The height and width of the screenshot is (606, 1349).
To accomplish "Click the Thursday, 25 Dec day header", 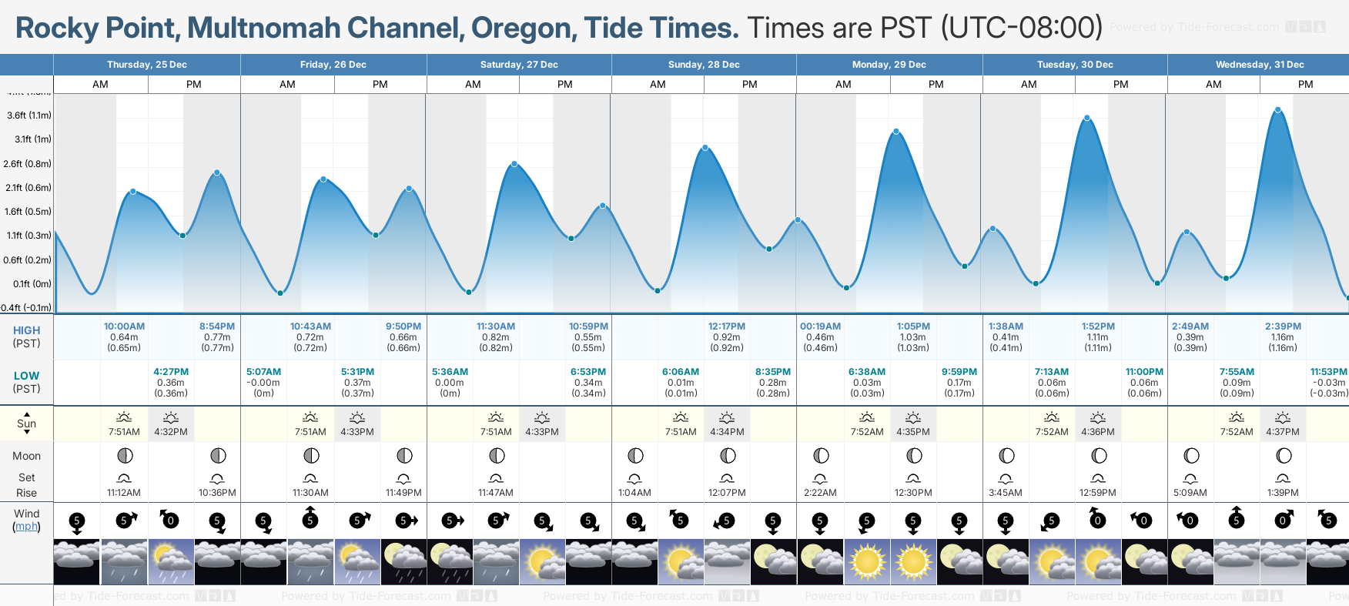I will click(147, 65).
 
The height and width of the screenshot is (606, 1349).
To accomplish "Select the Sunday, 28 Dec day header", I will click(704, 65).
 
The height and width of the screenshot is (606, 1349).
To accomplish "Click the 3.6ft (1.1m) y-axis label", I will click(29, 116).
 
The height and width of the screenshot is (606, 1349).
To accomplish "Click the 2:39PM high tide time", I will click(1283, 326).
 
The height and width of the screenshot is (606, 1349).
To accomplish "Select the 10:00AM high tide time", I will click(124, 326).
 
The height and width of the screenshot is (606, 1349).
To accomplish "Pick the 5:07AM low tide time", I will click(263, 372).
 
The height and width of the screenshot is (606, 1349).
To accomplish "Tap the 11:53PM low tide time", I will click(1329, 372).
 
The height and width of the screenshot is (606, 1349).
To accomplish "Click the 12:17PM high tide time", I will click(727, 326).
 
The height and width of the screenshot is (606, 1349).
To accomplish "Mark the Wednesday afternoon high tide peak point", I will click(1278, 110).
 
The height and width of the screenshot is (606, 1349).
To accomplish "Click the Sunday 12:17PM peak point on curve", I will click(705, 148).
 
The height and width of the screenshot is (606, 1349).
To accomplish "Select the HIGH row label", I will click(26, 330).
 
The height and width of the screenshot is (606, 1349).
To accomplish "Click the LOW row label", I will click(26, 376).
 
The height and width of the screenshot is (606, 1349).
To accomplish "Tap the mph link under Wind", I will click(26, 527).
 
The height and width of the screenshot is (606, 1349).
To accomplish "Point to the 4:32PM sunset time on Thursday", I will click(171, 432).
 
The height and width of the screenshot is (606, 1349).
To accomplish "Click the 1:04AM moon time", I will click(634, 493).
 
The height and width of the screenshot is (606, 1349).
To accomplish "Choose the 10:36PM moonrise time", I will click(217, 493).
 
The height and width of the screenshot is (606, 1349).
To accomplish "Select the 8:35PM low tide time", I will click(773, 372).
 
